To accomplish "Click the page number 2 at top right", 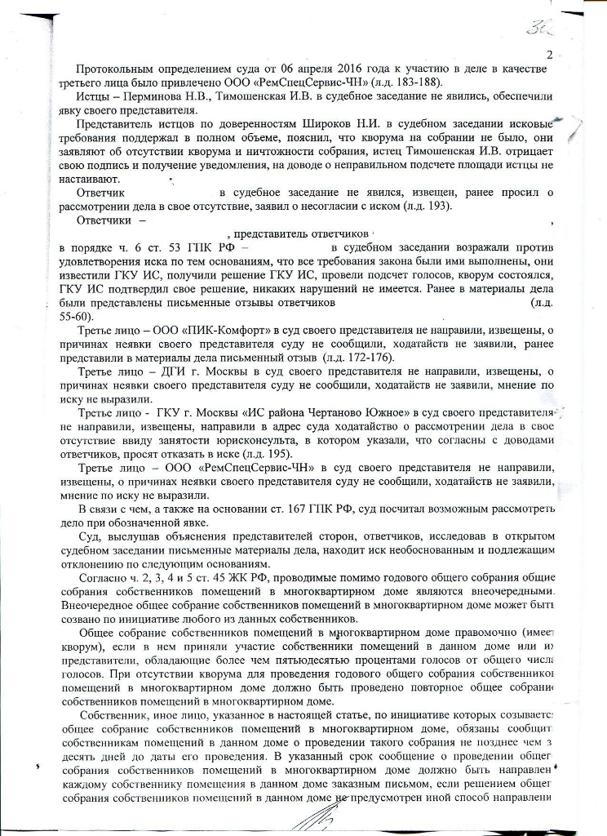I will tap(549, 56).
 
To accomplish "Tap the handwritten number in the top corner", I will tap(538, 29).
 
